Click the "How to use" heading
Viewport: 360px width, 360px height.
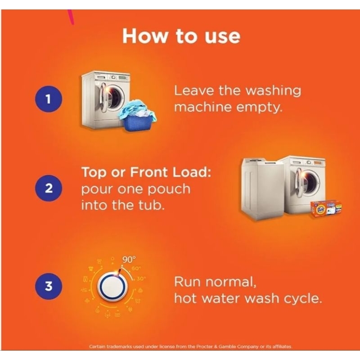coord(181,36)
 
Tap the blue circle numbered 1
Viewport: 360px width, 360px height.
coord(49,99)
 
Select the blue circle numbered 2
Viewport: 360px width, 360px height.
coord(49,188)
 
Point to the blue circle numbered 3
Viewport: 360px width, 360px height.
coord(49,286)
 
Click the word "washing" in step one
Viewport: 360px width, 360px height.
coord(273,90)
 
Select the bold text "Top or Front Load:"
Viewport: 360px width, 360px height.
coord(146,172)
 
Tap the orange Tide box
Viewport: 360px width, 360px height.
coord(325,209)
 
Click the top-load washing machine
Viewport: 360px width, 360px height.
coord(262,189)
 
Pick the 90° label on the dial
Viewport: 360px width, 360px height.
coord(129,260)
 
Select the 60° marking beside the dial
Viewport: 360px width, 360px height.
coord(136,268)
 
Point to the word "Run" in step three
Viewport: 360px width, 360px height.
coord(188,282)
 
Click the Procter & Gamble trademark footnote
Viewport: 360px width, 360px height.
coord(190,346)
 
